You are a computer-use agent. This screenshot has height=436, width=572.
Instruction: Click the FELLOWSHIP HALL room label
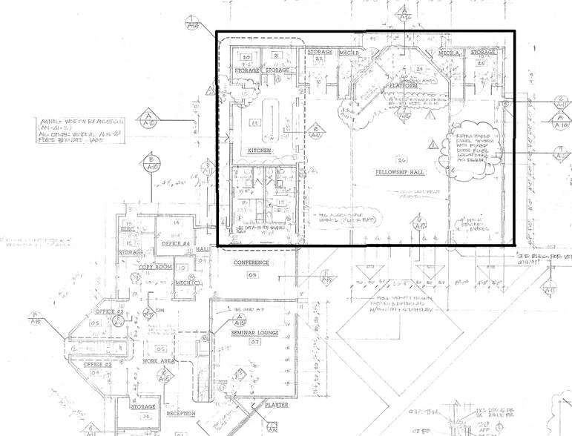point(401,171)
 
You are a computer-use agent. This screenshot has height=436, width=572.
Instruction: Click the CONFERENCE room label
point(252,263)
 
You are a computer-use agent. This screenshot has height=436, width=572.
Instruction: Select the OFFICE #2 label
point(96,364)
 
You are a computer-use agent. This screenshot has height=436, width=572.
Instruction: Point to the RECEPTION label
point(180,413)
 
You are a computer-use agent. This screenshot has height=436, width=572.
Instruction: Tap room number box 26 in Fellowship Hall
point(401,160)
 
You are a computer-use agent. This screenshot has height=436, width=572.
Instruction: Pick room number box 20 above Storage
point(247,56)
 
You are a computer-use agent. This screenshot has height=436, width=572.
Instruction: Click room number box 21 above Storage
point(276,56)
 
